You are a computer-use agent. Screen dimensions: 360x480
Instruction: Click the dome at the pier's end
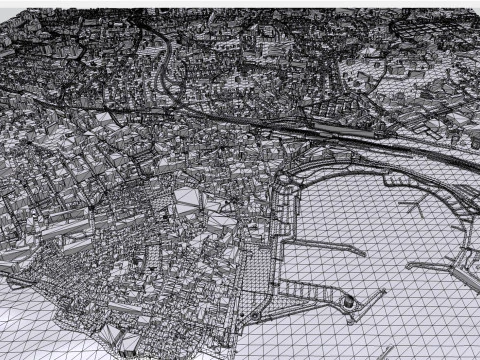point(348,299)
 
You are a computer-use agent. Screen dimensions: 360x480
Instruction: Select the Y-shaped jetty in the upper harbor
point(412,208)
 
